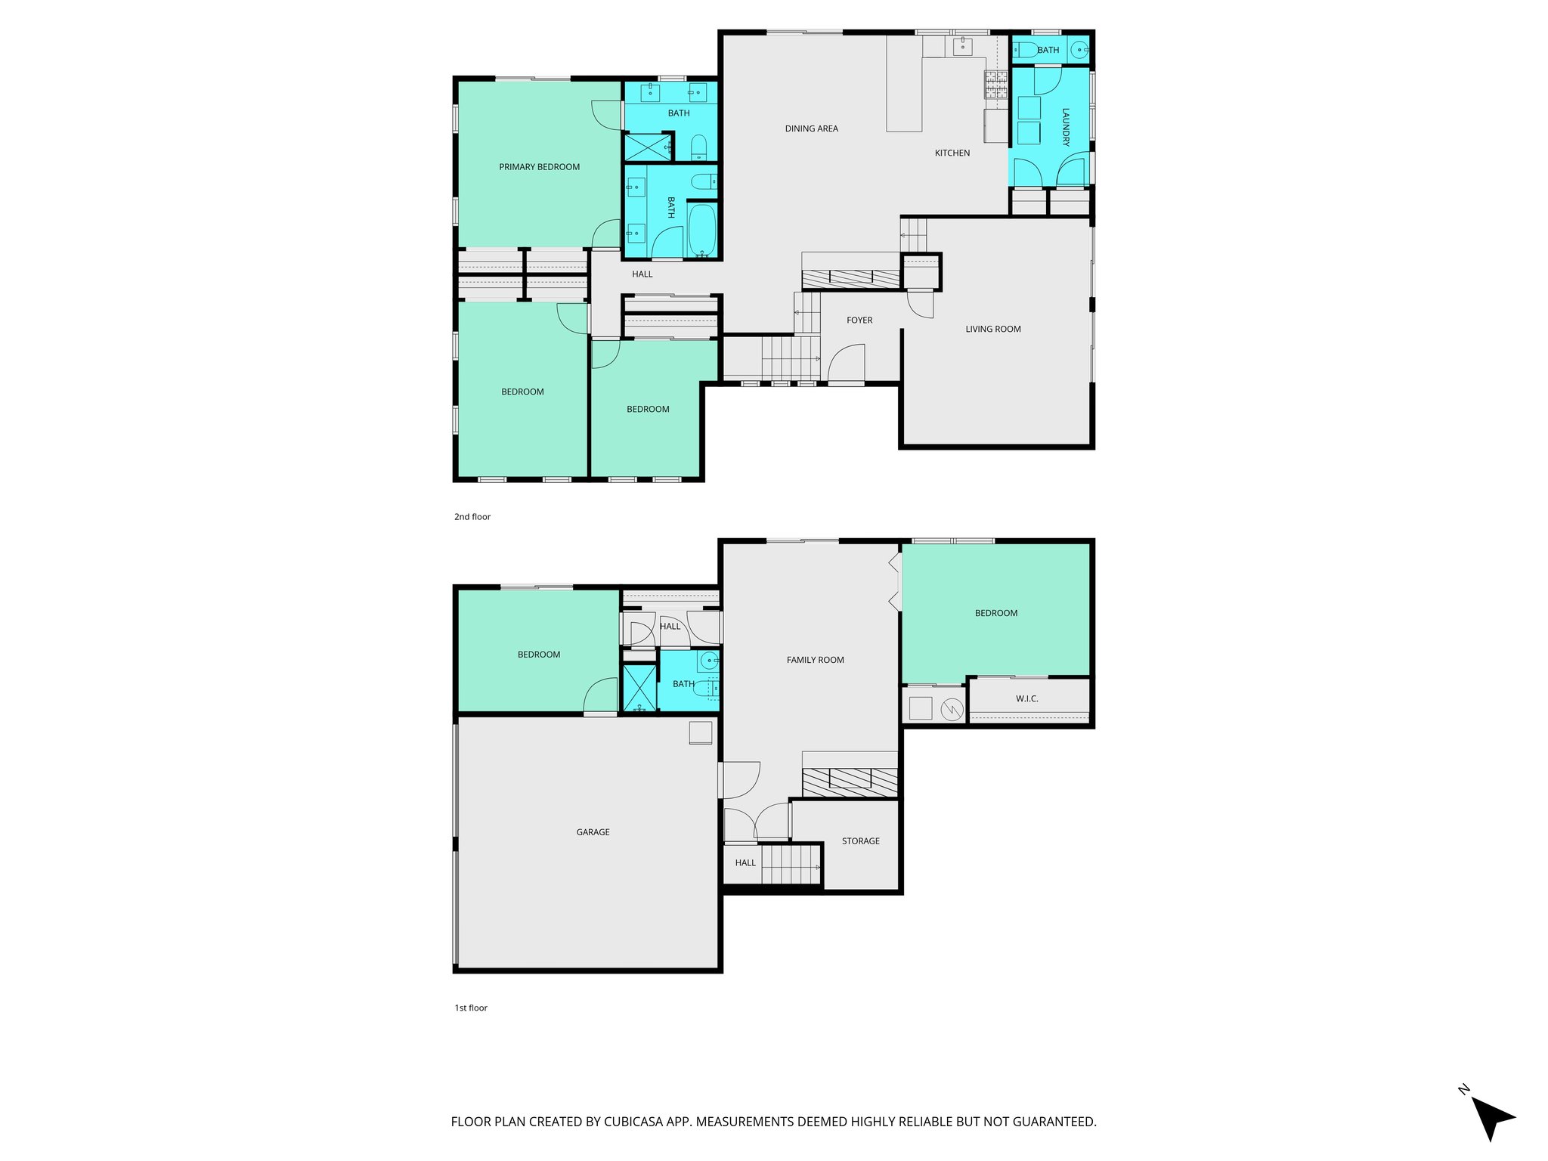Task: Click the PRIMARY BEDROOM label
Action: (x=539, y=167)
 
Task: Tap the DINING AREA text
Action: (x=811, y=128)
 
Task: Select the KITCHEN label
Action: (x=952, y=153)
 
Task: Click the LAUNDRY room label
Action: (x=1066, y=127)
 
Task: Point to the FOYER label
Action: (x=859, y=320)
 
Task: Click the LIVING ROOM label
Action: (x=992, y=329)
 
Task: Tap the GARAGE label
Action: (x=593, y=832)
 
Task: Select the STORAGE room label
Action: (x=860, y=841)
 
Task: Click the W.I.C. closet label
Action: (x=1026, y=698)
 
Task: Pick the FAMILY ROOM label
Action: (x=815, y=660)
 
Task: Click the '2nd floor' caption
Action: (x=472, y=517)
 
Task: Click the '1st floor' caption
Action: (x=471, y=1008)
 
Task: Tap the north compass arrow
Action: (x=1491, y=1117)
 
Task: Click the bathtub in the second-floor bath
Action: (x=702, y=230)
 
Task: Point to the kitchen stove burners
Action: (x=995, y=84)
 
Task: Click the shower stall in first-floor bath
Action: (x=639, y=688)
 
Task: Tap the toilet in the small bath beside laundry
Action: (x=1026, y=51)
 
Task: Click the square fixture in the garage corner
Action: (x=701, y=733)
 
